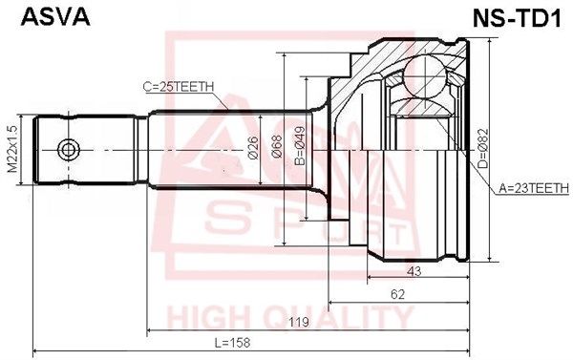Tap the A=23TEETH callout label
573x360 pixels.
[530, 188]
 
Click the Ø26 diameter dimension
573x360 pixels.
[253, 148]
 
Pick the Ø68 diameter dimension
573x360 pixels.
[276, 149]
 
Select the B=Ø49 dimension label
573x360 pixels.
[299, 149]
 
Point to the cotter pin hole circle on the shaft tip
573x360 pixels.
[67, 150]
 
